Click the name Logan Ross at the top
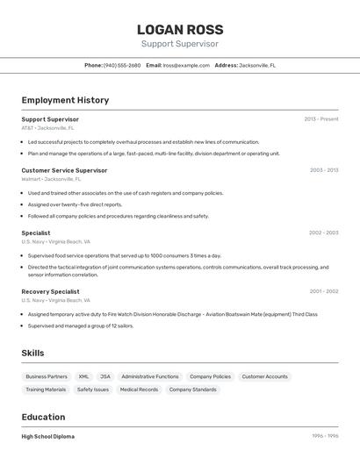(180, 29)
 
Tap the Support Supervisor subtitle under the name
(180, 44)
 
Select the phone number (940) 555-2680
(122, 65)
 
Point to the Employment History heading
(65, 100)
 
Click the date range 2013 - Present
(321, 119)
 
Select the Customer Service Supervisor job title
(64, 170)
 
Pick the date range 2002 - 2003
(323, 232)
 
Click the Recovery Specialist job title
(50, 291)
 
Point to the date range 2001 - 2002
(323, 291)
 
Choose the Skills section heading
(33, 353)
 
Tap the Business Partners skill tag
(47, 376)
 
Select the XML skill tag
(83, 376)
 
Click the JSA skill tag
(105, 376)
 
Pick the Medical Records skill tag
(139, 390)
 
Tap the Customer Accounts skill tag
(264, 376)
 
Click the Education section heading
(43, 417)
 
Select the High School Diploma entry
(48, 436)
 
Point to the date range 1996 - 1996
(324, 436)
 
